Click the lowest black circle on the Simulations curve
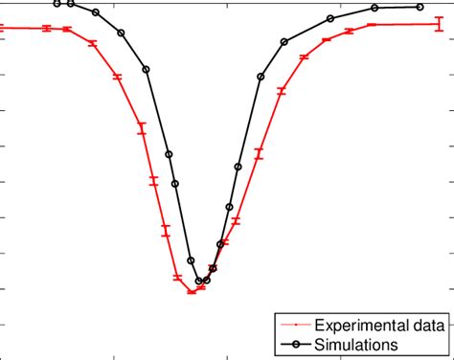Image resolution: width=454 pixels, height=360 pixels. tap(200, 281)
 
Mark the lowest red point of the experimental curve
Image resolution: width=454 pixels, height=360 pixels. tap(192, 291)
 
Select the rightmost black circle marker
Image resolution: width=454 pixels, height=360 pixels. tap(420, 7)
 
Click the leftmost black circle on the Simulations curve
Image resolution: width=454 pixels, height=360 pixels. tap(57, 4)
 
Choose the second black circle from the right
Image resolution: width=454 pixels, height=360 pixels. tap(375, 9)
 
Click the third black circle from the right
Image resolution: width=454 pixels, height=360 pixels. tap(330, 18)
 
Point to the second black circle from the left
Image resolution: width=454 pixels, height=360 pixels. tap(70, 4)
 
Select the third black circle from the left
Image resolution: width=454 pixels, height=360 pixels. tap(97, 13)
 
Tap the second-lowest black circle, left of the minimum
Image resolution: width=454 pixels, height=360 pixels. tap(191, 260)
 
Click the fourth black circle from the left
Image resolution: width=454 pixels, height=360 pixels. tap(122, 33)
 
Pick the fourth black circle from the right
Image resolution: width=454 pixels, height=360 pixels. tap(284, 41)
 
